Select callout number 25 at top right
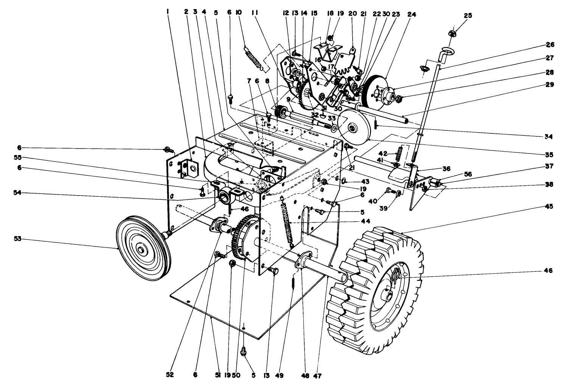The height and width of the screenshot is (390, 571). pos(468,15)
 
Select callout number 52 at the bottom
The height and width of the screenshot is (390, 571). pos(170,375)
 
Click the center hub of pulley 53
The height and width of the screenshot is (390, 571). pos(142,249)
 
